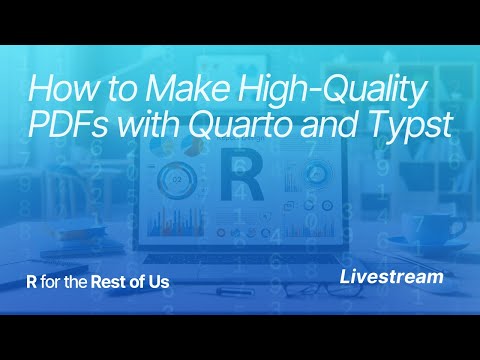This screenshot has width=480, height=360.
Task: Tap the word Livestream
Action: pos(391,276)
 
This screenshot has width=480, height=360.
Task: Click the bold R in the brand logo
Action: pos(30,282)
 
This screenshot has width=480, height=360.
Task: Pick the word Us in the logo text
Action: pos(158,282)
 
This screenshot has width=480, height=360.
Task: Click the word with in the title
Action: pos(152,125)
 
